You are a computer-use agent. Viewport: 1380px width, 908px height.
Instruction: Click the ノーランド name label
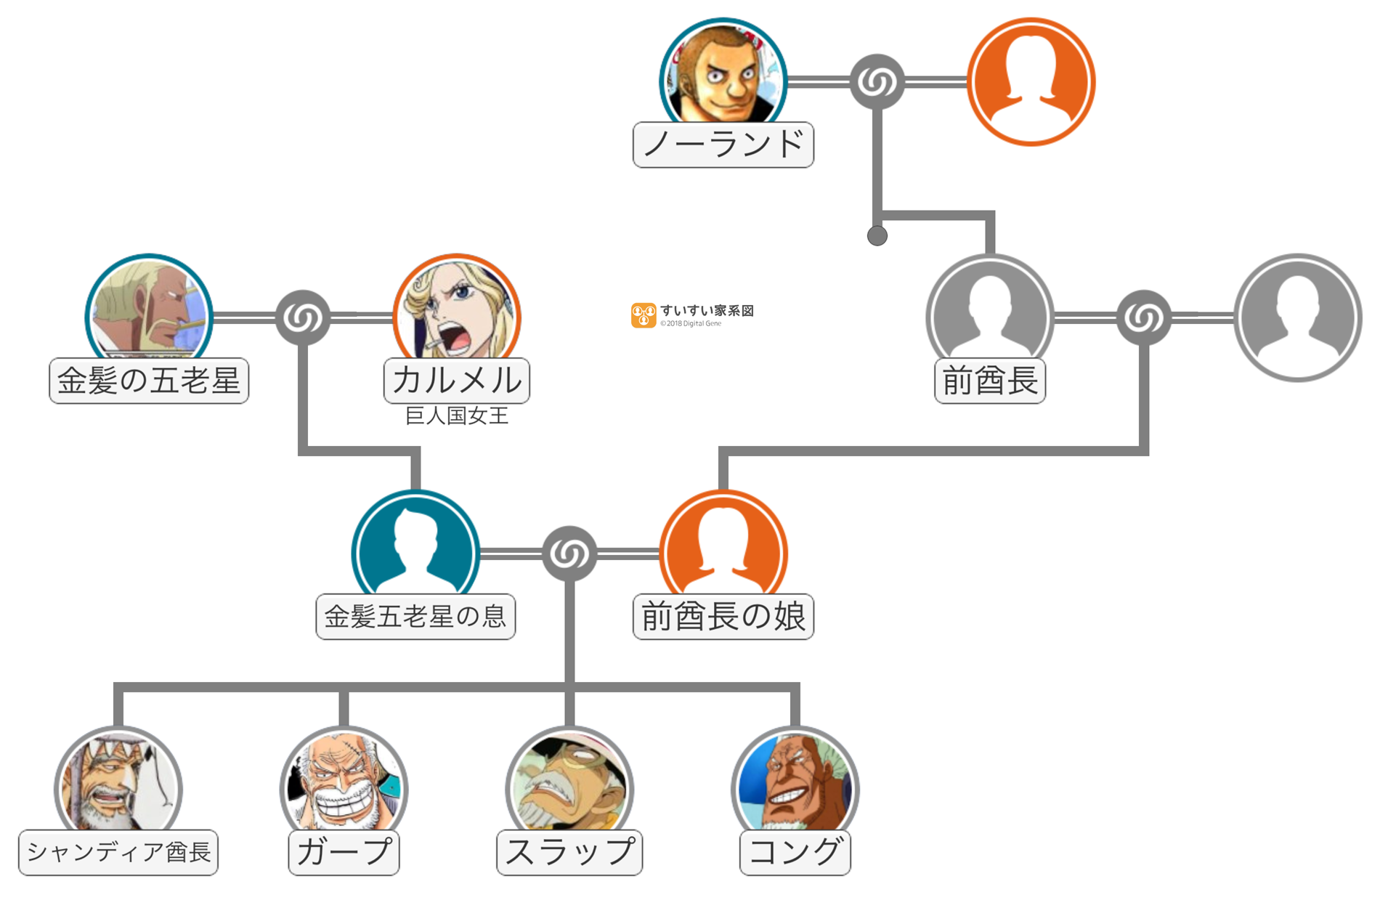[x=723, y=145]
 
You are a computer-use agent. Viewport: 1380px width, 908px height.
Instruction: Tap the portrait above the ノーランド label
[x=723, y=73]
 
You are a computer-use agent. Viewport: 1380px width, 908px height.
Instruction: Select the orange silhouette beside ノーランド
[x=1031, y=81]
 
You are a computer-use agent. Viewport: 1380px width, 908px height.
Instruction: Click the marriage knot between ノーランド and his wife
[x=877, y=81]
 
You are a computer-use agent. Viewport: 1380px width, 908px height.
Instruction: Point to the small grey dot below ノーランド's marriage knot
[x=877, y=235]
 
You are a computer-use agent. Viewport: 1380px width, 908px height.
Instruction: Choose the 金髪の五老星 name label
[x=149, y=381]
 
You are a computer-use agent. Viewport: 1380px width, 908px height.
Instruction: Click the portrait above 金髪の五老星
[x=149, y=309]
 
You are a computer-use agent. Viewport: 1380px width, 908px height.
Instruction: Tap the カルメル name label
[x=457, y=381]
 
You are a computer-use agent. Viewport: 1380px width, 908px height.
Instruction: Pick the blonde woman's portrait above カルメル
[x=457, y=309]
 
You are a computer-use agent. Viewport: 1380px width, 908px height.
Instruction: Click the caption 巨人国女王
[x=457, y=416]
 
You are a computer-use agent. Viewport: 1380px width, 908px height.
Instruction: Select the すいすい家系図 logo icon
[x=643, y=315]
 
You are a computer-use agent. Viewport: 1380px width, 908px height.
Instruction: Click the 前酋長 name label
[x=989, y=381]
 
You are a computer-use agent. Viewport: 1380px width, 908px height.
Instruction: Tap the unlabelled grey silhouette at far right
[x=1297, y=317]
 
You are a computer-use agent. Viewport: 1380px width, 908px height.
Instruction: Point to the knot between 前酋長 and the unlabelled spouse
[x=1143, y=317]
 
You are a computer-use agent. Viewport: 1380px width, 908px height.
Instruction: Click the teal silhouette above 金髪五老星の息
[x=415, y=545]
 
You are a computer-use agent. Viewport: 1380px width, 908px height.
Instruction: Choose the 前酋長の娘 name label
[x=723, y=617]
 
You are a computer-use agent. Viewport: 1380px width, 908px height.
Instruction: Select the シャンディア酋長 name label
[x=118, y=852]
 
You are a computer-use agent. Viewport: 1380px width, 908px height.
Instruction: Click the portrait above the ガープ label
[x=344, y=781]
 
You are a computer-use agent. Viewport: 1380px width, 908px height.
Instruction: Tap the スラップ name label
[x=569, y=852]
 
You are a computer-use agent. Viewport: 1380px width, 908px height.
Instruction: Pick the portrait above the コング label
[x=795, y=781]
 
